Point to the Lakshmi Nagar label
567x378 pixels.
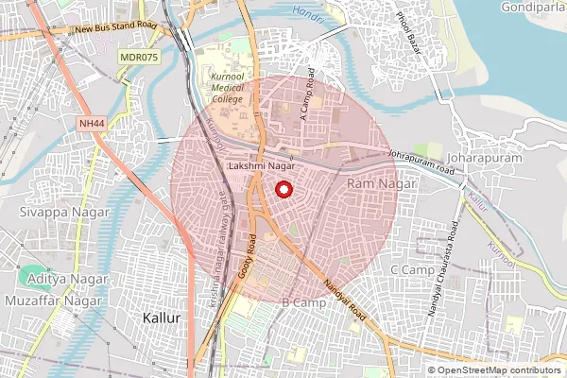tap(256, 166)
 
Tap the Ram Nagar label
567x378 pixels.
tap(375, 181)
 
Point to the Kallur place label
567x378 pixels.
tap(160, 318)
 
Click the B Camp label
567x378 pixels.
tap(303, 302)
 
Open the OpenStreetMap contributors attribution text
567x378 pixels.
tap(497, 369)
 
